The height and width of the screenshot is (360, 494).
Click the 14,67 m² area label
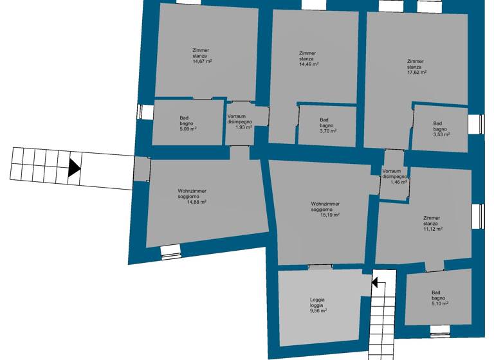click(x=202, y=61)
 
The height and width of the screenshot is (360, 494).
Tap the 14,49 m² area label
click(x=308, y=64)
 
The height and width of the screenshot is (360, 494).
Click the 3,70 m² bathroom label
click(x=327, y=130)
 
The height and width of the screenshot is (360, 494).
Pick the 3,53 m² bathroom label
click(x=441, y=134)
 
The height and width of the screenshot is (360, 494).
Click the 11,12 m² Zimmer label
click(x=433, y=228)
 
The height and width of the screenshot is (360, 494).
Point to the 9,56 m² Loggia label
click(x=318, y=310)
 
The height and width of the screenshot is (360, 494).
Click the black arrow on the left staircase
click(x=74, y=168)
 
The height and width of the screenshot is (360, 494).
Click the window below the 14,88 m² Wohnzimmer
click(x=172, y=252)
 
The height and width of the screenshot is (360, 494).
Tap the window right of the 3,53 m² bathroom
click(x=477, y=123)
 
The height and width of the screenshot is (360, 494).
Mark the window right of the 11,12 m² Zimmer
click(x=477, y=215)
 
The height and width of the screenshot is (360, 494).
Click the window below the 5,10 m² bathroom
click(x=440, y=330)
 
